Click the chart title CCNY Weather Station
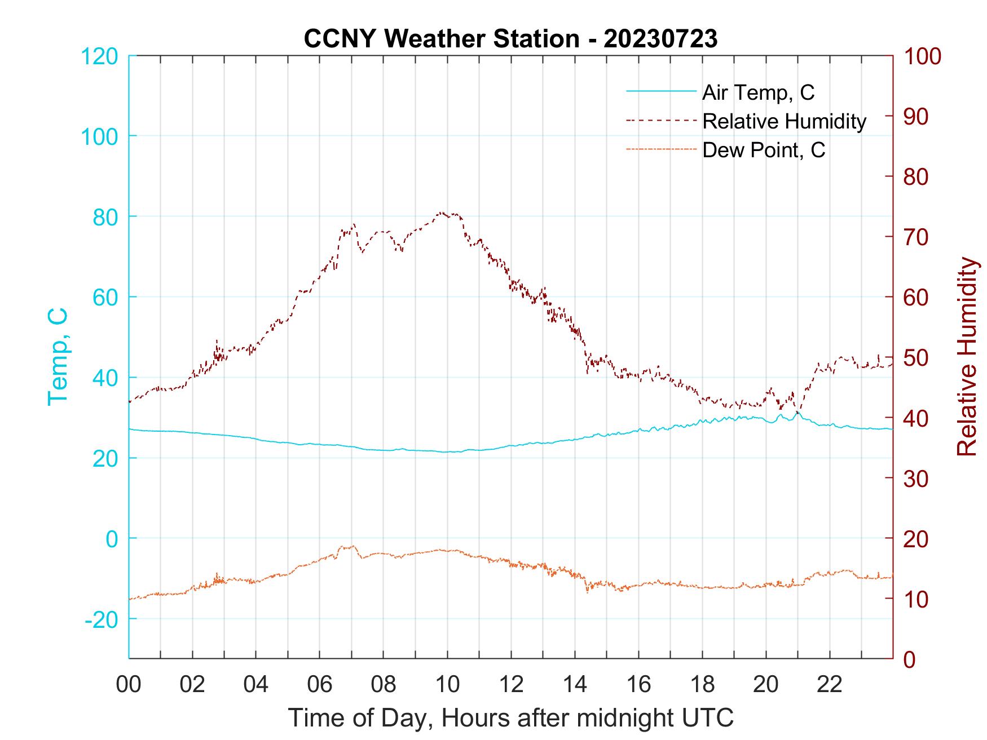click(x=510, y=39)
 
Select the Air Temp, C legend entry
click(x=757, y=92)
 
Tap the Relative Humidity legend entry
click(x=783, y=121)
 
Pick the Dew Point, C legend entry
click(x=763, y=150)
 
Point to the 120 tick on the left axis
click(x=99, y=56)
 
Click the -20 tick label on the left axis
click(x=101, y=619)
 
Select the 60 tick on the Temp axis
click(x=105, y=297)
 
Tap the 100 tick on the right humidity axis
click(x=922, y=56)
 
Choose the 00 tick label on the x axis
click(x=129, y=685)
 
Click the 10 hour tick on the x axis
click(x=447, y=685)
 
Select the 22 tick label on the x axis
click(x=830, y=685)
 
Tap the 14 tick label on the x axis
click(x=575, y=685)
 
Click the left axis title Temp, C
click(x=58, y=357)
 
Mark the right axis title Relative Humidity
click(x=967, y=357)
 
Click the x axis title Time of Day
click(x=510, y=717)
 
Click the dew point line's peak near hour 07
click(x=352, y=546)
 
